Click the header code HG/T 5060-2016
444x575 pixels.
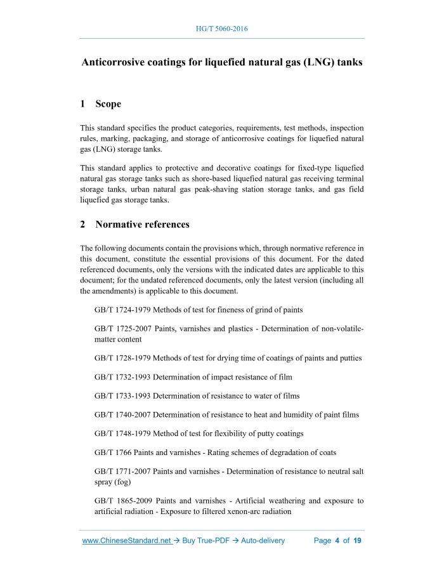click(222, 29)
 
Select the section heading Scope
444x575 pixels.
click(108, 104)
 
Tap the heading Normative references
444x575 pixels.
click(142, 225)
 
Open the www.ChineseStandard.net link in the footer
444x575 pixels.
click(127, 541)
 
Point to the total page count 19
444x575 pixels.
click(357, 541)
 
